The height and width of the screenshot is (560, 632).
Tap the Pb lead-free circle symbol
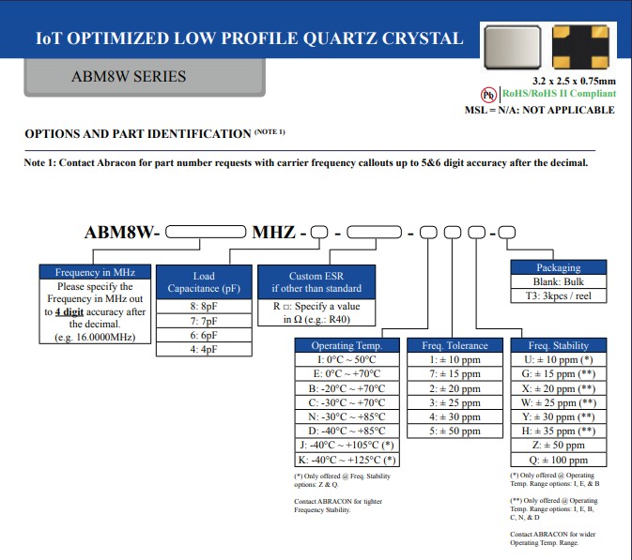(488, 95)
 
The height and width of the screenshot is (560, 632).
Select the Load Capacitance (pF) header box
(204, 282)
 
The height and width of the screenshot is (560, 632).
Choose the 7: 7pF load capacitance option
(204, 321)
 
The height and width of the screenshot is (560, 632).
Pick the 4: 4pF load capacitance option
(204, 349)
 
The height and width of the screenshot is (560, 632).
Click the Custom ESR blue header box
(310, 282)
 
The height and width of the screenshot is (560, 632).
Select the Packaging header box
(558, 267)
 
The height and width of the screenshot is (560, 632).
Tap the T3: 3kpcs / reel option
(558, 295)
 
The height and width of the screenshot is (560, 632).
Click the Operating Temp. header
(347, 346)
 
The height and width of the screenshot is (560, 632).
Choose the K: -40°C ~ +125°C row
(347, 460)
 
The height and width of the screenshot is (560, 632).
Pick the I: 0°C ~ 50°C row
(347, 359)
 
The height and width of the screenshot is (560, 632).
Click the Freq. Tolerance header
(455, 346)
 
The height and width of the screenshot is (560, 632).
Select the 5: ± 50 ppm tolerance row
(455, 431)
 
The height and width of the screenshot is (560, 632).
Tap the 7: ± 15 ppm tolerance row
(455, 374)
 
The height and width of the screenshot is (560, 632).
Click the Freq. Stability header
(558, 346)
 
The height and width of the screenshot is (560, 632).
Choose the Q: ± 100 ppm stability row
(558, 460)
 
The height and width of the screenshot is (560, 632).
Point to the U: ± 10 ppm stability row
(558, 359)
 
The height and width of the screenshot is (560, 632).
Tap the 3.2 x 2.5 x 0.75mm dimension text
(574, 81)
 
